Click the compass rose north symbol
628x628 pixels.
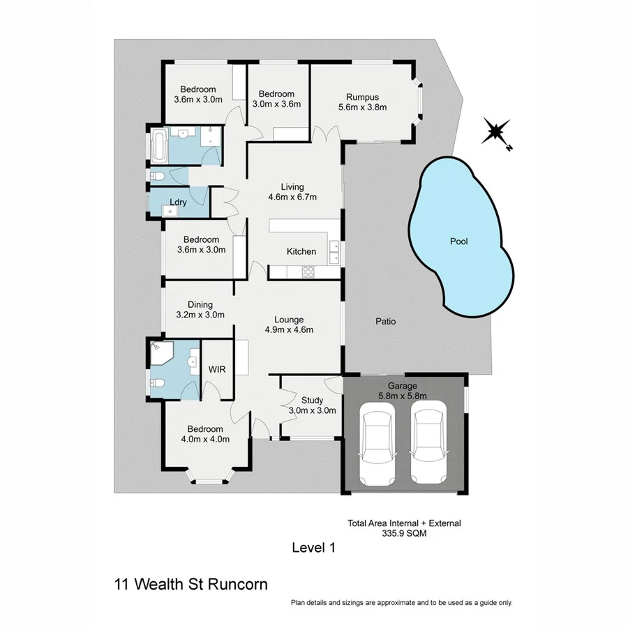(496, 131)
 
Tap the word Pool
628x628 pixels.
(458, 241)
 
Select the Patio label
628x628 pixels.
(385, 322)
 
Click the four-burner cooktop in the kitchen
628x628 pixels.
(307, 272)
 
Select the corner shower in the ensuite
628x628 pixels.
(160, 353)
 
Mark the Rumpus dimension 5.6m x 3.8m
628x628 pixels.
(362, 107)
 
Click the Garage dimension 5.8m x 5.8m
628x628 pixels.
(403, 396)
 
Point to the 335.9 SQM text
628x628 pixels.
(404, 532)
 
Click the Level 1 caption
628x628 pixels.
(313, 548)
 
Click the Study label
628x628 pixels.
(312, 400)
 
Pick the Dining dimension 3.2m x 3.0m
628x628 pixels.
(200, 315)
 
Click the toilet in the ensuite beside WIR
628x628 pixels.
(158, 383)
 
